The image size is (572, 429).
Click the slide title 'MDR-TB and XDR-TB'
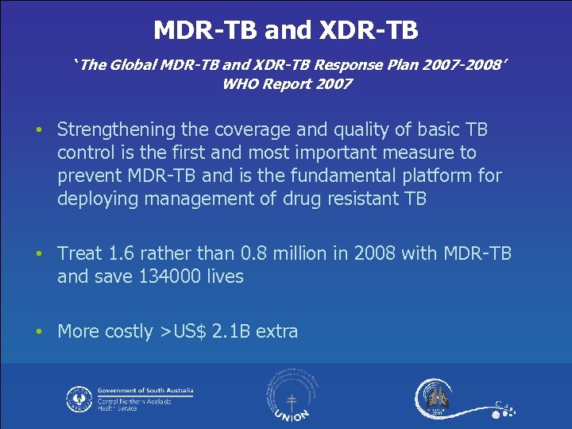285,30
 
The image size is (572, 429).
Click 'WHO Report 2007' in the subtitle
288,84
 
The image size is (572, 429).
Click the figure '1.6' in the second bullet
118,253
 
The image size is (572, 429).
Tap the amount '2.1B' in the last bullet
232,331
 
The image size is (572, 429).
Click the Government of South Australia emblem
79,398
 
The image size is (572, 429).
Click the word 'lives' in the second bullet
224,276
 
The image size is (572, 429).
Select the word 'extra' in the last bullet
277,331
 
